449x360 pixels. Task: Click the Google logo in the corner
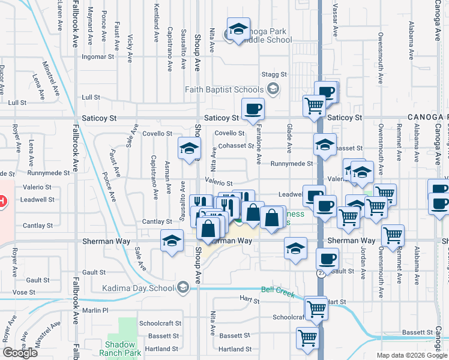20,352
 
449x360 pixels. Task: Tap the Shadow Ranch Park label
124,349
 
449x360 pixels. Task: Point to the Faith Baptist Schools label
232,89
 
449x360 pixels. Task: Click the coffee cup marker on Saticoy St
253,109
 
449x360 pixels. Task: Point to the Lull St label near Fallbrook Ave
91,97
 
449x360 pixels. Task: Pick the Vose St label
24,292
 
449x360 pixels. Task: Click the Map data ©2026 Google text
412,355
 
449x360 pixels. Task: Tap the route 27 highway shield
321,273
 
